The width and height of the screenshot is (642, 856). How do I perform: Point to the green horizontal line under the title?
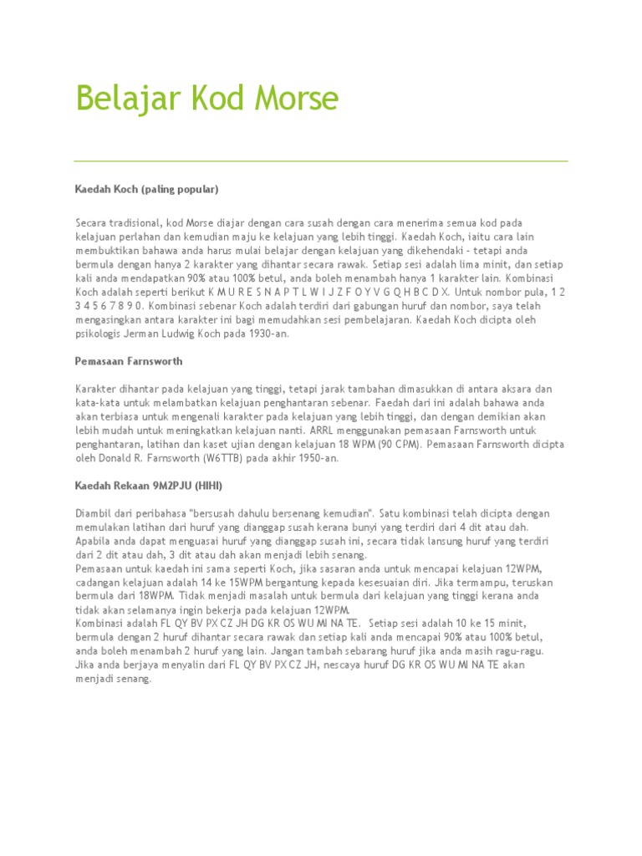321,160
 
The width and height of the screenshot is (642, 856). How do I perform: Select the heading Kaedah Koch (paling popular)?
146,190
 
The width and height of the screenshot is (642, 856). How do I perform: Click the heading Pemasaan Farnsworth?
129,361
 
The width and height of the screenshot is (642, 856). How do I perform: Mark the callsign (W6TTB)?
219,458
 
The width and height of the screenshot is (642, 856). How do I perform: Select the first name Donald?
106,458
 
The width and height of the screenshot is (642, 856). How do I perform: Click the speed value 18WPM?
162,595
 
